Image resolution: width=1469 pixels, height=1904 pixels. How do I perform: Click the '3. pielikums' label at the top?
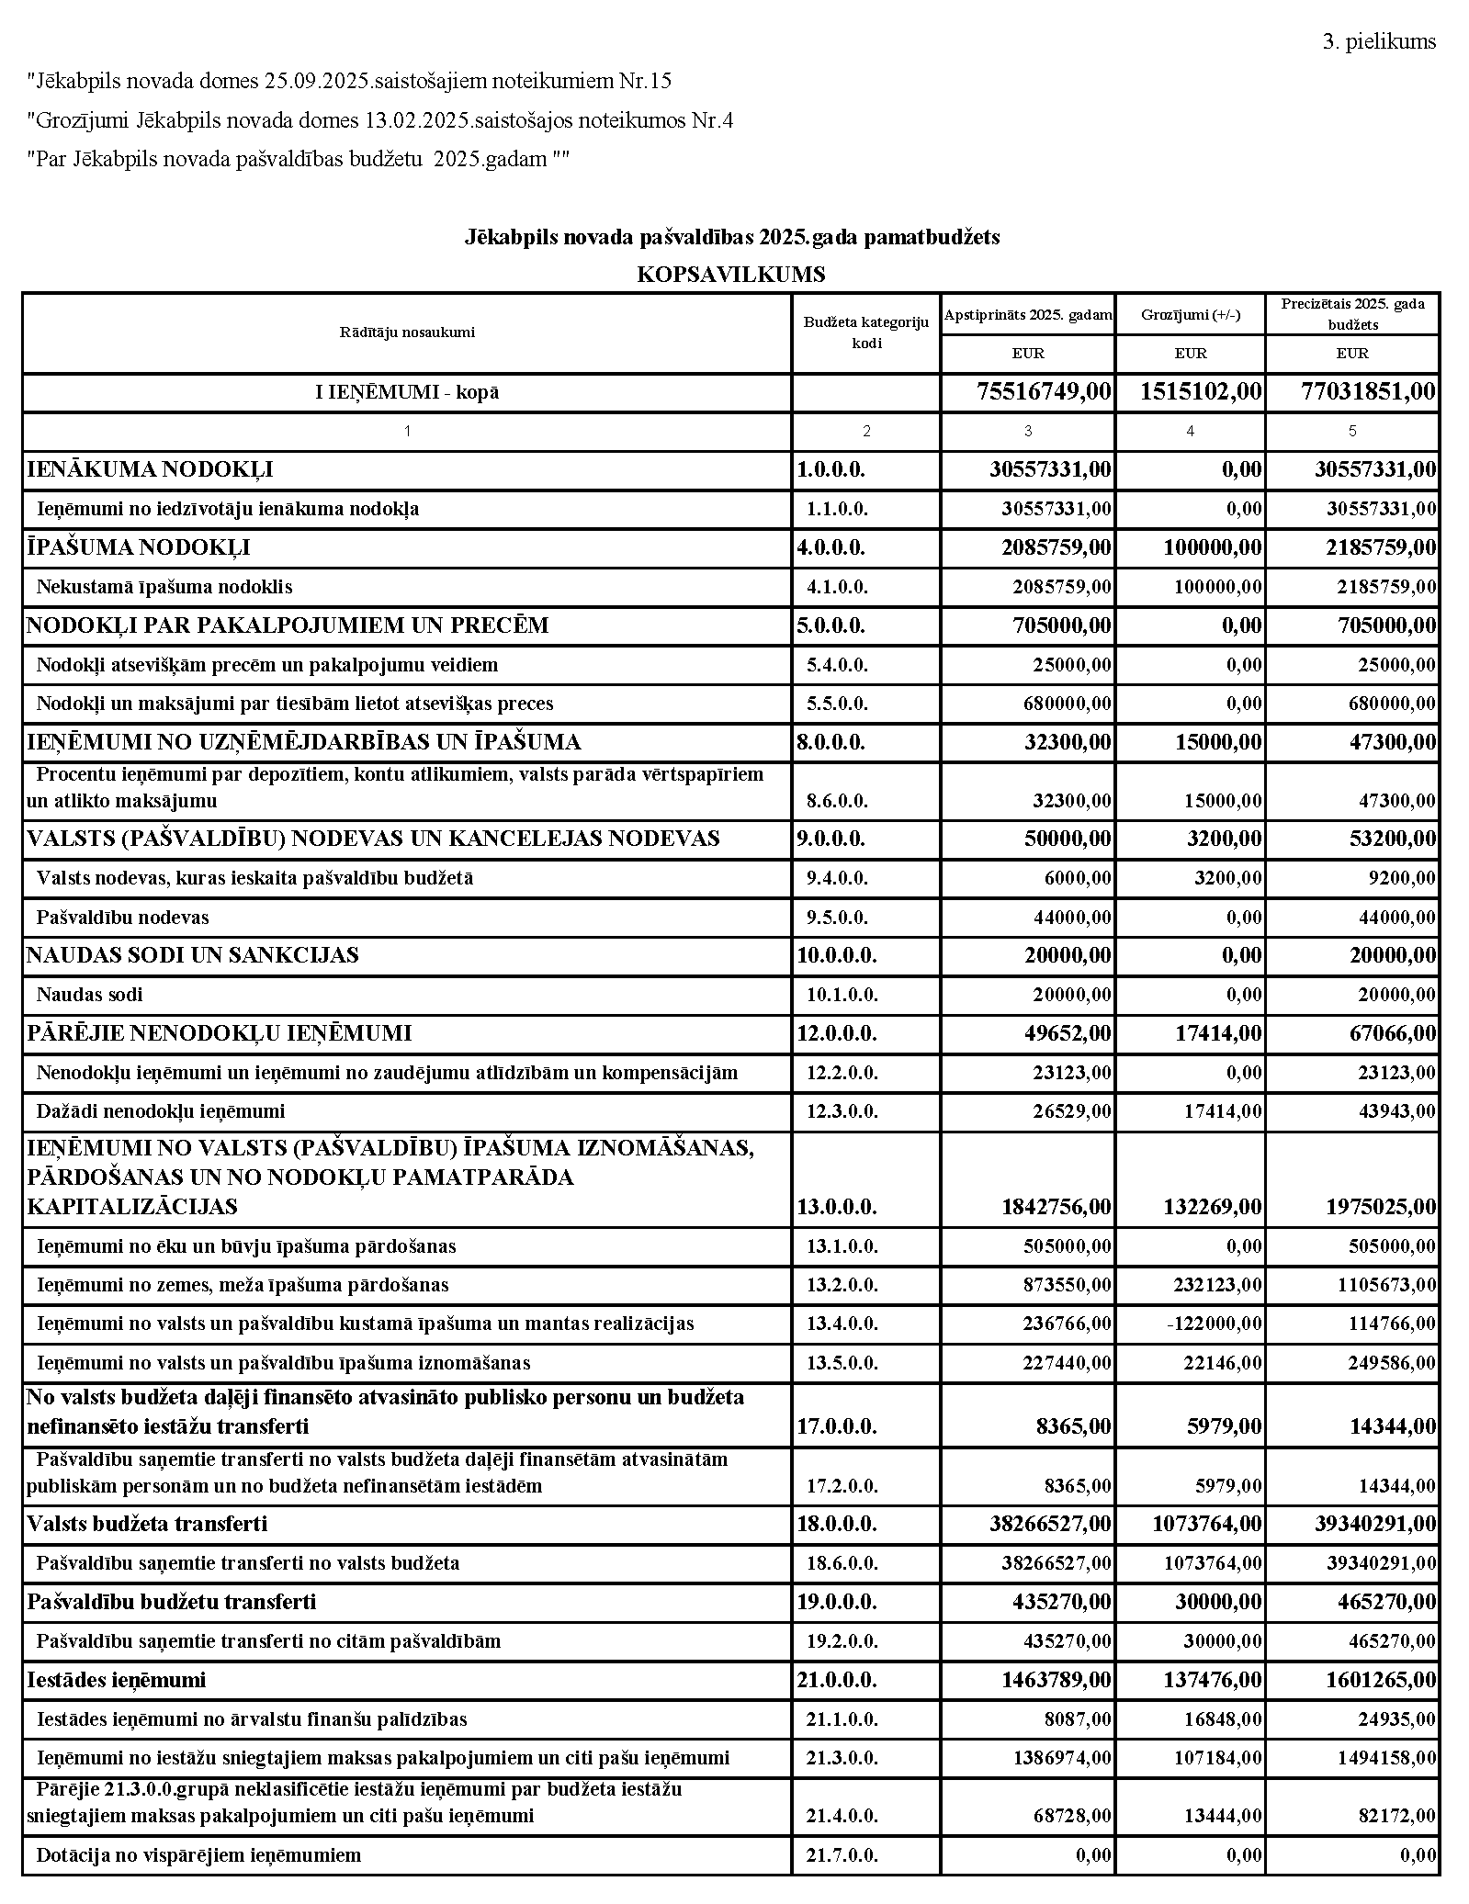[x=1378, y=41]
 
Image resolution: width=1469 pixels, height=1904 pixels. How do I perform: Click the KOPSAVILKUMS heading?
[x=730, y=274]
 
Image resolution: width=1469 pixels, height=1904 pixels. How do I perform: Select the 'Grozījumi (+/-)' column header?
[x=1190, y=315]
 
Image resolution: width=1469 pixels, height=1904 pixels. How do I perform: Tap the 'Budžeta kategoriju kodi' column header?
[x=865, y=332]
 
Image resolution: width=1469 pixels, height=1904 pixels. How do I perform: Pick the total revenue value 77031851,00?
[x=1368, y=392]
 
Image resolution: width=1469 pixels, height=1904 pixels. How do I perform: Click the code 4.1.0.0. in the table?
[x=837, y=587]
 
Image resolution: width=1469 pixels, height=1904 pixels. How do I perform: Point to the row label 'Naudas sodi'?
[x=90, y=995]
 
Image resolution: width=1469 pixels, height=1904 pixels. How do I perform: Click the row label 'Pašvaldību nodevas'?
[x=123, y=918]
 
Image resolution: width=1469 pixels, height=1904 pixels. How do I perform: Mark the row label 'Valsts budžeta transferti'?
[x=147, y=1524]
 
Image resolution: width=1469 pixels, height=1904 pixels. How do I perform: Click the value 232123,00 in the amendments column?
[x=1218, y=1285]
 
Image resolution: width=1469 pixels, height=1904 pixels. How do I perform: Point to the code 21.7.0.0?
[x=842, y=1855]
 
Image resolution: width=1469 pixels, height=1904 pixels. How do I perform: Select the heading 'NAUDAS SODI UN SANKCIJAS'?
[x=192, y=955]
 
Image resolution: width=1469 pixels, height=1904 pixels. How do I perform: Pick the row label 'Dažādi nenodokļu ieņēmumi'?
[x=161, y=1111]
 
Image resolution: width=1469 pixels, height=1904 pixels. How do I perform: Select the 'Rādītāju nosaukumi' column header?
[x=407, y=332]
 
